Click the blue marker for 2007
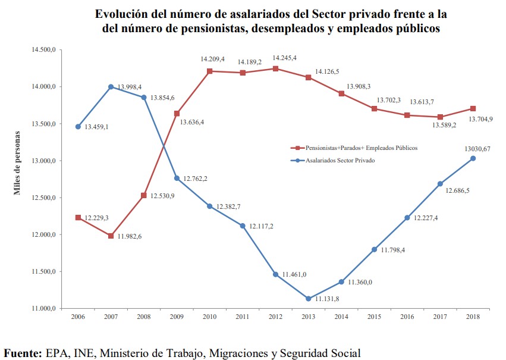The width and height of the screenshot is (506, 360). pyautogui.click(x=111, y=87)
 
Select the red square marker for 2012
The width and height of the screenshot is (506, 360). pyautogui.click(x=275, y=68)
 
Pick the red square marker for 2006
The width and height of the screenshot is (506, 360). pyautogui.click(x=78, y=218)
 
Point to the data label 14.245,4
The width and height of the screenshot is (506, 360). pyautogui.click(x=284, y=58)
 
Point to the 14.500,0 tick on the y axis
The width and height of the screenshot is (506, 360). pyautogui.click(x=43, y=50)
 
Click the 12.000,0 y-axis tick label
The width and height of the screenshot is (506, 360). pyautogui.click(x=43, y=234)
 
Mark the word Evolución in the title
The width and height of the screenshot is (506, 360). pyautogui.click(x=121, y=13)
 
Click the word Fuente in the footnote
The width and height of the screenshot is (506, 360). pyautogui.click(x=23, y=353)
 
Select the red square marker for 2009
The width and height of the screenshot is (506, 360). pyautogui.click(x=177, y=114)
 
